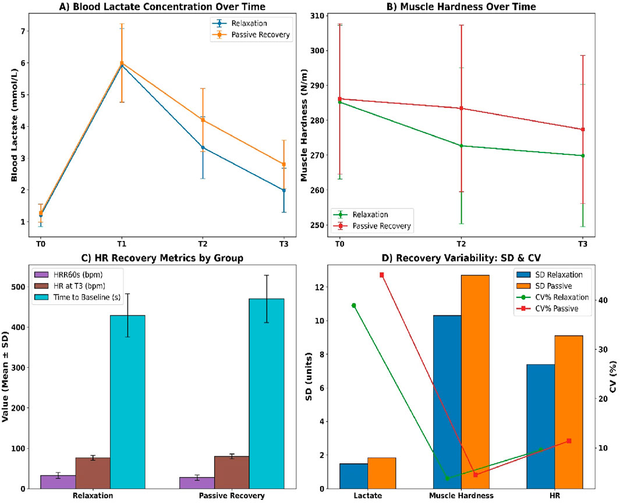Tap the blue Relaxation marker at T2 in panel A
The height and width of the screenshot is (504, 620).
[x=203, y=147]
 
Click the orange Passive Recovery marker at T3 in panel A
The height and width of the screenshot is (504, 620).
[x=284, y=164]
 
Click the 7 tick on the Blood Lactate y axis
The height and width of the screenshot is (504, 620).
[x=23, y=31]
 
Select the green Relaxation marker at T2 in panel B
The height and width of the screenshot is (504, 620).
[x=461, y=145]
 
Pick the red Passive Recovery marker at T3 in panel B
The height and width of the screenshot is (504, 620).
[x=583, y=129]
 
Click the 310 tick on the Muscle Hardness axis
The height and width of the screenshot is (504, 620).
[x=318, y=16]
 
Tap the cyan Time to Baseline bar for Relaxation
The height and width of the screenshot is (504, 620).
[x=127, y=402]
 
